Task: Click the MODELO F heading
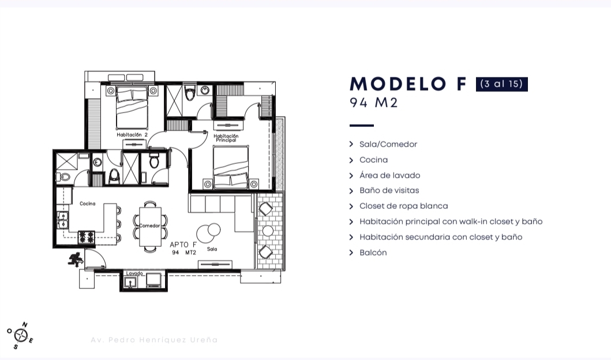(408, 84)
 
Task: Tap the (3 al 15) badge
(501, 84)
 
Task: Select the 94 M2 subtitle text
(374, 103)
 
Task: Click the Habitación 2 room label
(132, 135)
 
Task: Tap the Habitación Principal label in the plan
(226, 138)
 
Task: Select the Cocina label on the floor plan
(87, 204)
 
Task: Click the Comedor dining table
(150, 226)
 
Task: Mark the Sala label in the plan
(212, 249)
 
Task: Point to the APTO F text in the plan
(183, 245)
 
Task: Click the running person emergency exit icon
(76, 260)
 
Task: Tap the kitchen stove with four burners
(87, 237)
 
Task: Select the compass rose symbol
(20, 335)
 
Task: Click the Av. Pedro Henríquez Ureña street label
(154, 340)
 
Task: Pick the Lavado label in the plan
(134, 273)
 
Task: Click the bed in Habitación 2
(132, 108)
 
